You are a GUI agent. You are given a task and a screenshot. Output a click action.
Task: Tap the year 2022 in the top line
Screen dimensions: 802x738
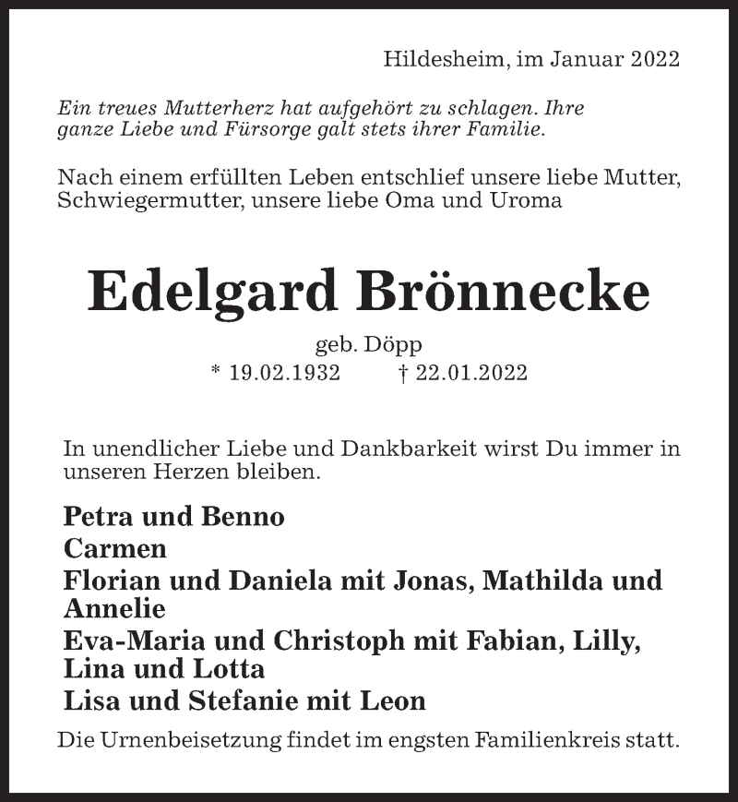click(x=655, y=60)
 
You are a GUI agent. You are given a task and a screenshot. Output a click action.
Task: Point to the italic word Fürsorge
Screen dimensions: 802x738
click(x=268, y=129)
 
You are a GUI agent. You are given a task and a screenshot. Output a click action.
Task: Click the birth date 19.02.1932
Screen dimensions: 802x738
click(x=285, y=373)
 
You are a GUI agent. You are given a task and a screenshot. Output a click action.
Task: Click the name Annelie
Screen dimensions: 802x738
click(x=114, y=608)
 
